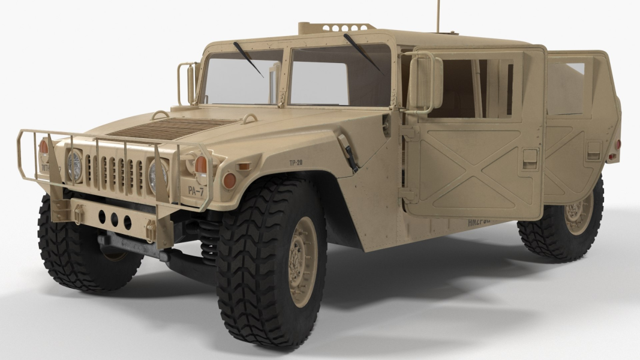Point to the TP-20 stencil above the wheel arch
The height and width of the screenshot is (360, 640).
point(295,163)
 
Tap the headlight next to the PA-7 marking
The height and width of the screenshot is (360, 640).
point(158,175)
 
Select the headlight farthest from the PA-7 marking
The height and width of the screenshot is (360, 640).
point(75,166)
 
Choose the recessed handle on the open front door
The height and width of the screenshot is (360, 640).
point(530,158)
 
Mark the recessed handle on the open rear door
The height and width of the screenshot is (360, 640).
point(593,150)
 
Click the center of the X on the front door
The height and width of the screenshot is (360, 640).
point(474,169)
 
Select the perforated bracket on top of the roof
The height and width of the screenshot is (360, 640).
point(336,28)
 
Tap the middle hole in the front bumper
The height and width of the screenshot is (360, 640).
point(113,219)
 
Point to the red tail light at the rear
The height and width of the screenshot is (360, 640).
point(617,145)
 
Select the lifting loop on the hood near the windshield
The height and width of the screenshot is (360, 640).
point(160,114)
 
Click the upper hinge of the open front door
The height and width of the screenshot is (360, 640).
point(410,134)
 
